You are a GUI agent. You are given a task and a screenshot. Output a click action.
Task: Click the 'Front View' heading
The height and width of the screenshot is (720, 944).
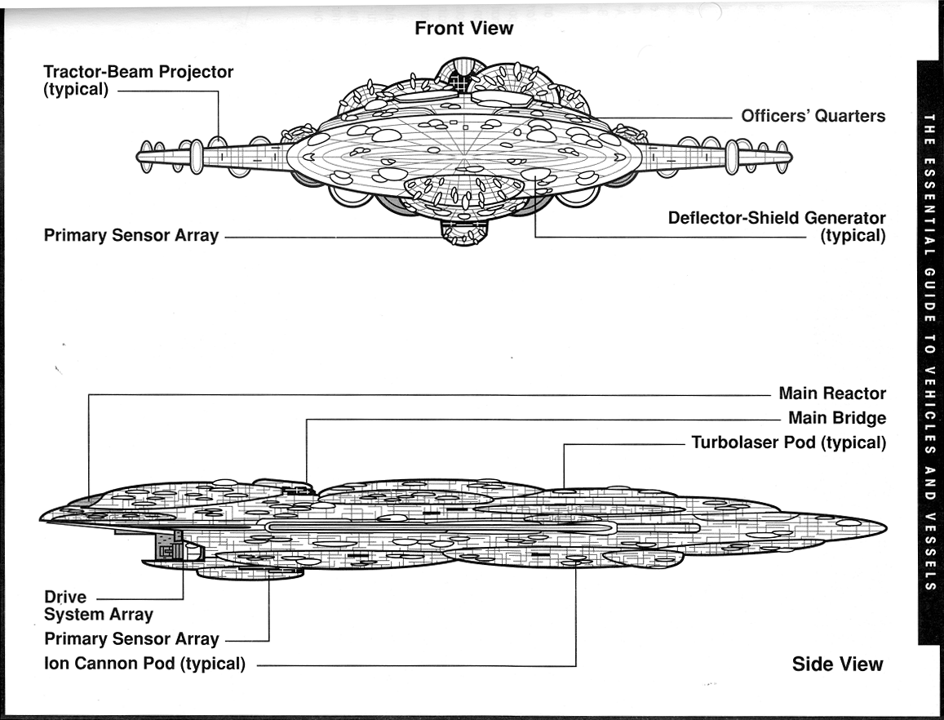tap(463, 29)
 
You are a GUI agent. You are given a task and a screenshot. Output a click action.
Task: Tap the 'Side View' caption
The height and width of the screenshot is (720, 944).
tap(837, 664)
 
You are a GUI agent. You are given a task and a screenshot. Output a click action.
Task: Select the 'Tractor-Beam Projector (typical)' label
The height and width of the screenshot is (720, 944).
tap(138, 80)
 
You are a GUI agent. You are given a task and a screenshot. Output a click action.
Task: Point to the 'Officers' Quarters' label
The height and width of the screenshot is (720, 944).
tap(813, 116)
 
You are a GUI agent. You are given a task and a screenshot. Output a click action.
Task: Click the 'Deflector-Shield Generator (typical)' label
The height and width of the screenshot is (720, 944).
tap(777, 227)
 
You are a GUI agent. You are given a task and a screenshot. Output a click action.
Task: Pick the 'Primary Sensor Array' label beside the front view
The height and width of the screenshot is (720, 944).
tap(131, 236)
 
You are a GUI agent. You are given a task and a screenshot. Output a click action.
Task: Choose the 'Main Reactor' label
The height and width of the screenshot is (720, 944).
tap(832, 393)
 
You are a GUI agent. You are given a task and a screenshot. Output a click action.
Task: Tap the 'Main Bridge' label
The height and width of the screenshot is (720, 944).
tap(836, 418)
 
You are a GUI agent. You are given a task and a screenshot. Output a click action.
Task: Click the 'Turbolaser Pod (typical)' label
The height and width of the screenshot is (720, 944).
tap(788, 443)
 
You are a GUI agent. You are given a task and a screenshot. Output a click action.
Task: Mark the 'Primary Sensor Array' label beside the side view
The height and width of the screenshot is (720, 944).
tap(131, 639)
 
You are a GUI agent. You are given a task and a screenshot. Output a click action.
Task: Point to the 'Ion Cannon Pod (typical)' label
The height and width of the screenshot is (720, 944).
tap(144, 664)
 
